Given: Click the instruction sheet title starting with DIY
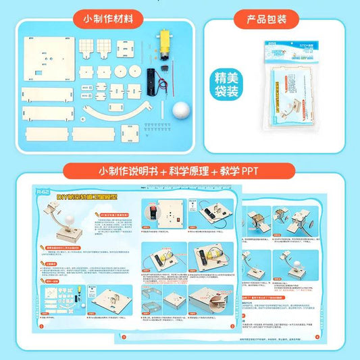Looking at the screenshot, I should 85,197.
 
